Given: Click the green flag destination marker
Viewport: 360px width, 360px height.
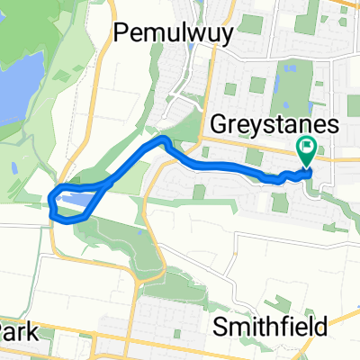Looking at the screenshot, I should [306, 151].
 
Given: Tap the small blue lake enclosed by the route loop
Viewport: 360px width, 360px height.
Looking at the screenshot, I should [77, 197].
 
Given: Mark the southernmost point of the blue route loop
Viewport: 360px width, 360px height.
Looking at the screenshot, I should [61, 219].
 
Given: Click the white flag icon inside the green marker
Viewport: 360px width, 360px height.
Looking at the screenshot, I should [307, 147].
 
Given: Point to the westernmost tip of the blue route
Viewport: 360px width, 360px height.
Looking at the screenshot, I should [49, 201].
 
